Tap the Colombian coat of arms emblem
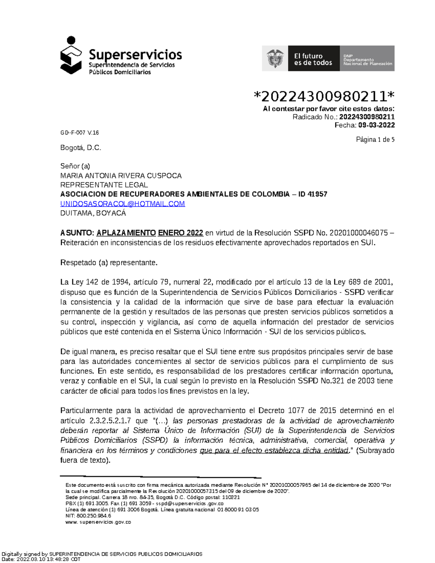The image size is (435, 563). point(275,58)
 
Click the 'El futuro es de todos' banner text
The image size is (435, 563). point(313,59)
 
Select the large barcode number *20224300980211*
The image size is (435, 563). point(324,96)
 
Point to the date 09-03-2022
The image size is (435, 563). point(377,125)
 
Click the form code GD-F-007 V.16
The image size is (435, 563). point(79,133)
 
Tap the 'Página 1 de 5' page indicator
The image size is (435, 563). point(375,140)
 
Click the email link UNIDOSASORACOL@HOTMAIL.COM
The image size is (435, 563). point(123,204)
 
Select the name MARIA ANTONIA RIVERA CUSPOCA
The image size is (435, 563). point(121,176)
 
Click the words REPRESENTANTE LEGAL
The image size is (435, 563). point(104,185)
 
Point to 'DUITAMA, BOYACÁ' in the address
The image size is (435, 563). point(93,213)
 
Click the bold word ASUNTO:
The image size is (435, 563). point(77,233)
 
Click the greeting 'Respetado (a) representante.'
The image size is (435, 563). point(109,262)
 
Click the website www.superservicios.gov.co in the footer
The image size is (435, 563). point(98,522)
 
